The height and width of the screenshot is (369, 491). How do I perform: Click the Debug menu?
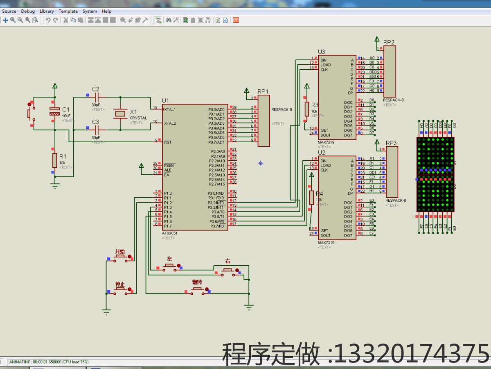click(28, 11)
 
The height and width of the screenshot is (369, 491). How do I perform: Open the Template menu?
click(68, 11)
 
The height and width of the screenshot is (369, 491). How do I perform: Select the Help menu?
click(106, 11)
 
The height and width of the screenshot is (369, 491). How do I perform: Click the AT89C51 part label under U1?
click(170, 233)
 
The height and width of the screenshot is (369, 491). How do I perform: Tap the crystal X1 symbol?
click(120, 114)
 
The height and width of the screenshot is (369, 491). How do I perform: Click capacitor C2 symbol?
click(97, 97)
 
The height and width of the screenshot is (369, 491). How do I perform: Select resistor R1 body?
click(54, 160)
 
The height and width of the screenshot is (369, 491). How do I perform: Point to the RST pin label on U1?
click(168, 142)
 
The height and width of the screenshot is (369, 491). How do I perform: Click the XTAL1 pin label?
click(170, 109)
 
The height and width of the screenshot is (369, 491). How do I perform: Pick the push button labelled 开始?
click(120, 257)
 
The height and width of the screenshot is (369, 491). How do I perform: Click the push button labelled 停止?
click(120, 289)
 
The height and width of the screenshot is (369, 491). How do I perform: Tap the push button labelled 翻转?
click(197, 289)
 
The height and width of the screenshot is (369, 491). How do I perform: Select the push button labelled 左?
click(169, 266)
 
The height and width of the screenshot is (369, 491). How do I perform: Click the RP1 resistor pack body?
click(264, 121)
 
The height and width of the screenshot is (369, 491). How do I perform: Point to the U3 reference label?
click(321, 52)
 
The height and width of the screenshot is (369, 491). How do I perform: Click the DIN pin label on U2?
click(323, 161)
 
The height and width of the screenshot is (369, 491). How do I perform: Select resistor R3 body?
click(307, 109)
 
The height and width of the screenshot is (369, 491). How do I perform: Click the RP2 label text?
click(389, 42)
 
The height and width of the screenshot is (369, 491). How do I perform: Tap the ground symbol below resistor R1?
click(54, 185)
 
